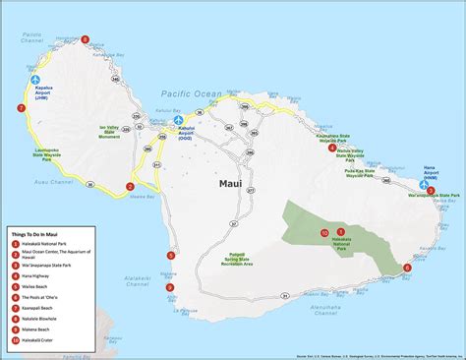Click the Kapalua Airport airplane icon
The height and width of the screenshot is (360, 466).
[36, 80]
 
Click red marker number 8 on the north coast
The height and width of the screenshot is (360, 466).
[86, 40]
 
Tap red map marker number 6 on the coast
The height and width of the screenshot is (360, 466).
[407, 267]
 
